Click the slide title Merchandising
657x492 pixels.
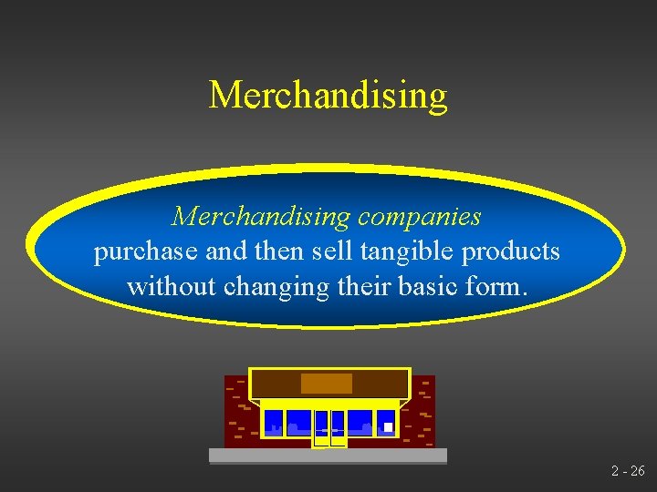click(x=328, y=95)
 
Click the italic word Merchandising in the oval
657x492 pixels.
click(x=261, y=217)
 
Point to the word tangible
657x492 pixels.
click(x=412, y=252)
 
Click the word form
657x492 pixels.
click(x=497, y=287)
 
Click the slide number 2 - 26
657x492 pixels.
click(x=628, y=471)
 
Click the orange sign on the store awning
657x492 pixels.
click(x=327, y=383)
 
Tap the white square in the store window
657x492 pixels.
click(x=388, y=426)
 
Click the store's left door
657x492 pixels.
click(x=321, y=426)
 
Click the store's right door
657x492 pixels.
click(x=338, y=426)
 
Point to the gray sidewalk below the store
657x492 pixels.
click(x=328, y=456)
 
